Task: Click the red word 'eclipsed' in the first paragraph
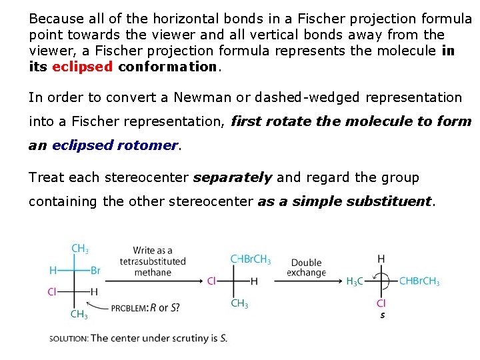(82, 67)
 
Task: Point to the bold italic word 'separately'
(232, 177)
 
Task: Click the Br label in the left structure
(95, 271)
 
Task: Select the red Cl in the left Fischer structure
(52, 291)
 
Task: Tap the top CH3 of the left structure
(79, 249)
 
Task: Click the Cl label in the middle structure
(211, 281)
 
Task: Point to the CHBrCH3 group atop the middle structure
(250, 259)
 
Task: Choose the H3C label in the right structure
(355, 281)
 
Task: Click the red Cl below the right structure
(381, 303)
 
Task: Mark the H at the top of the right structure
(381, 259)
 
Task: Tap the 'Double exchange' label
(306, 267)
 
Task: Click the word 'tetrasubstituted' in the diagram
(153, 261)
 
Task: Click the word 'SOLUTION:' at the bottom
(68, 338)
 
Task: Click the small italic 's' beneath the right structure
(383, 315)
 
